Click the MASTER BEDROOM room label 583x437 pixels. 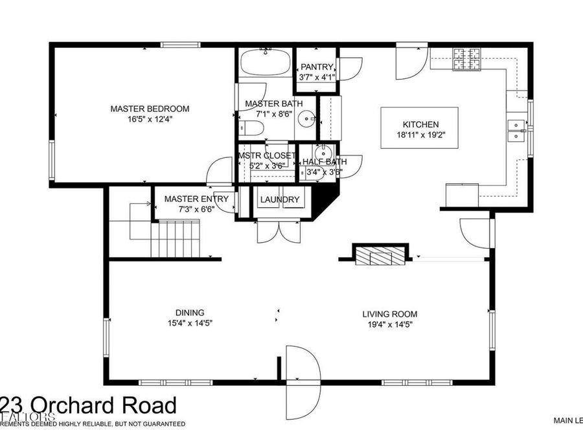tap(150, 109)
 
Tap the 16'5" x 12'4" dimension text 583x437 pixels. tap(150, 119)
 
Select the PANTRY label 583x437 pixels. tap(317, 67)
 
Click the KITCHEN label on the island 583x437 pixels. tap(421, 124)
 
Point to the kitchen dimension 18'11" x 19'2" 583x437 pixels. tap(421, 135)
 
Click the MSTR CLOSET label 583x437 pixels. tap(267, 156)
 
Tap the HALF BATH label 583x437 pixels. tap(325, 162)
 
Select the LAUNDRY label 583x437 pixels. tap(280, 199)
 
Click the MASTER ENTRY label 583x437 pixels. tap(196, 199)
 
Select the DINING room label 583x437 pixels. tap(189, 312)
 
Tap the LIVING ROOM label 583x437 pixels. tap(387, 314)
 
